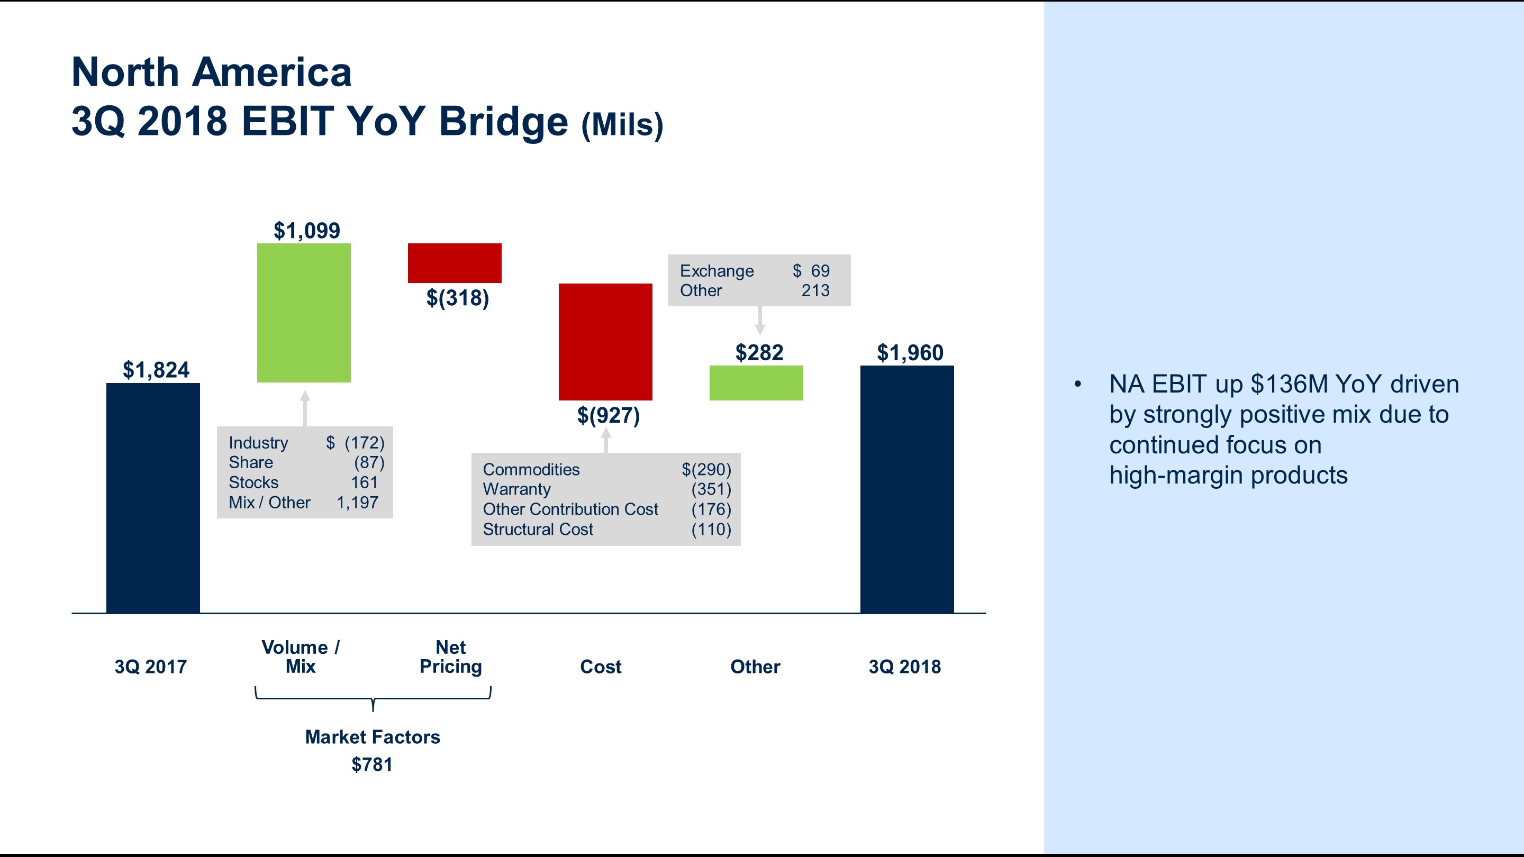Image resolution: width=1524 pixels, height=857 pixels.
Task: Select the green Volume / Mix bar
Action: [304, 313]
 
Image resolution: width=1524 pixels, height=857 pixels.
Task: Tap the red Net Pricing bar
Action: [455, 262]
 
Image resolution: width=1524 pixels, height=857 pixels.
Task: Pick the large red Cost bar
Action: [605, 342]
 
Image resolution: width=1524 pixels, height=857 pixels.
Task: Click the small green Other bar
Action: [756, 382]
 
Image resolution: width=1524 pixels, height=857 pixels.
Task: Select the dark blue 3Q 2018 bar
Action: [906, 489]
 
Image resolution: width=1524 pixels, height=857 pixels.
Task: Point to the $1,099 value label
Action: [306, 230]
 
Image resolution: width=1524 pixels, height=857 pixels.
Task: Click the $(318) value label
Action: [457, 297]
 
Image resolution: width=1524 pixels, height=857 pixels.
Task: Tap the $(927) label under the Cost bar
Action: [608, 415]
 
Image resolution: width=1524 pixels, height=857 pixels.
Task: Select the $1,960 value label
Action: [909, 352]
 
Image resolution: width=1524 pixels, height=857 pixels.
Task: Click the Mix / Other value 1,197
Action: [357, 503]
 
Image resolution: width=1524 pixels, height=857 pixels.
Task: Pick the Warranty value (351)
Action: [711, 489]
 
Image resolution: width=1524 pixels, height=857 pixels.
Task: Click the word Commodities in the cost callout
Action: [531, 470]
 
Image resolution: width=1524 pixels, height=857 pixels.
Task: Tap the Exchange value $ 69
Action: [811, 271]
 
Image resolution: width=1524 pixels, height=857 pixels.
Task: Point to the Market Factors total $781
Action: [371, 765]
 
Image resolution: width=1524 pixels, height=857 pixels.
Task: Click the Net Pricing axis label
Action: [450, 657]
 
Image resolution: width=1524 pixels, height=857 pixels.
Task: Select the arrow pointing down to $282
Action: [760, 321]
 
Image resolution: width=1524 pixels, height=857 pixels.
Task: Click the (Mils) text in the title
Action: [622, 125]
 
